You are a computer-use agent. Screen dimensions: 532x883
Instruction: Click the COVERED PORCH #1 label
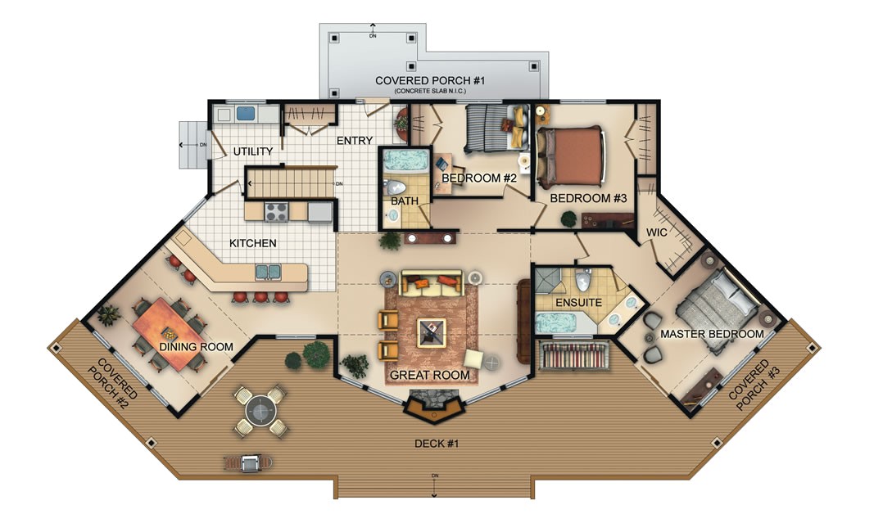point(431,80)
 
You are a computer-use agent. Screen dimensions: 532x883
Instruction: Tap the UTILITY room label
point(252,152)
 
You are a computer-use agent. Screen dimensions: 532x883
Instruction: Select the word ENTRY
point(355,141)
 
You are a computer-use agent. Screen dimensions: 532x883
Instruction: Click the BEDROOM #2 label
point(479,178)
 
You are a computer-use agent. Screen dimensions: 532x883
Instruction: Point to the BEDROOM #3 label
point(588,198)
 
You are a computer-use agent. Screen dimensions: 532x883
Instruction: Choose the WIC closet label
point(658,232)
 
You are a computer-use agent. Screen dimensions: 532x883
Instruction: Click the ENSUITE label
point(578,303)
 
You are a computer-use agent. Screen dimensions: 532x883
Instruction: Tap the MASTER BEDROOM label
point(712,334)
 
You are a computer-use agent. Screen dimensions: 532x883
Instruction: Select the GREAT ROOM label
point(430,376)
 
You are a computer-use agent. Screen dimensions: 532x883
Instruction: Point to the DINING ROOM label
point(197,347)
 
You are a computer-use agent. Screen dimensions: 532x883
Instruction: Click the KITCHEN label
point(252,243)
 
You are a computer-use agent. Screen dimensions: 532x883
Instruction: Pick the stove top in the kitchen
point(275,211)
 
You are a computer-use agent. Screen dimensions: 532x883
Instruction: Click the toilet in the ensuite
point(583,281)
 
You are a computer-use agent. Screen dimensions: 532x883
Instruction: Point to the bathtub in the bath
point(405,160)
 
